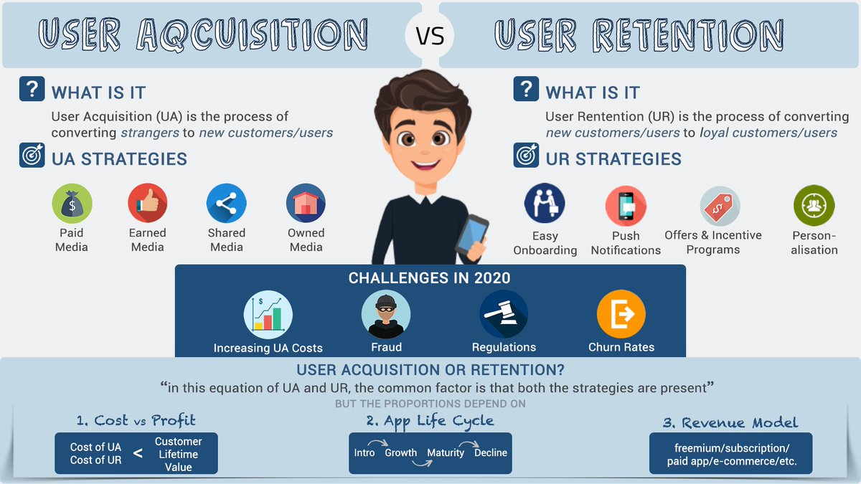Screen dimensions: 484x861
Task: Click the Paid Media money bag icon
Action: coord(72,204)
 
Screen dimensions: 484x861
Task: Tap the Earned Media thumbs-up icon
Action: coord(148,204)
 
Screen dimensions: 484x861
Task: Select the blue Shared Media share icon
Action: coord(227,204)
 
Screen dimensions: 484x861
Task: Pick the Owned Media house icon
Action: coord(306,204)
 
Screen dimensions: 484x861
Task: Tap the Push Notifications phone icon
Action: coord(625,206)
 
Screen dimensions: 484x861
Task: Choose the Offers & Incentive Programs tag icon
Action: coord(720,206)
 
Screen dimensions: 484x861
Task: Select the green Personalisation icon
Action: coord(814,205)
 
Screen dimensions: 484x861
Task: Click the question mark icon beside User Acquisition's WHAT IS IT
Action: coord(32,90)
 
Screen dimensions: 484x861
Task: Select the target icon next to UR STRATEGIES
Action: coord(526,156)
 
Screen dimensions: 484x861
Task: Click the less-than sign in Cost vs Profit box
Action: coord(138,453)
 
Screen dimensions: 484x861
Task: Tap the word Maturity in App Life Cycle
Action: coord(446,453)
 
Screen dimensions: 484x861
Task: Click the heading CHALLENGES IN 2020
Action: coord(430,278)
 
